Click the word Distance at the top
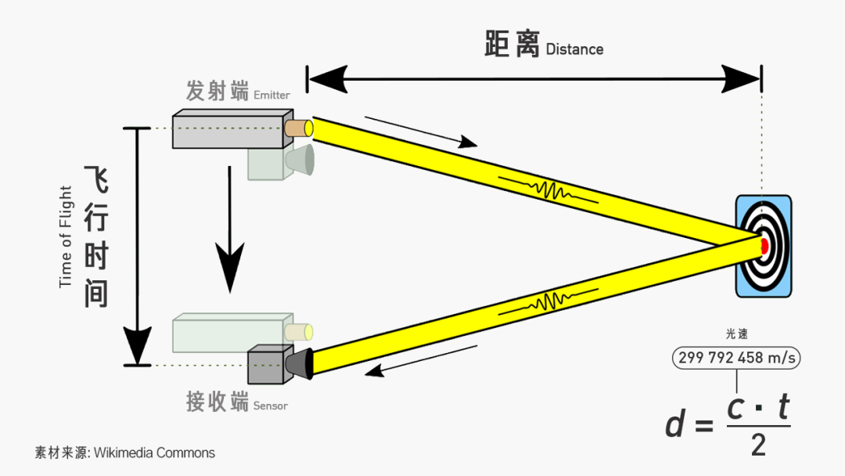click(x=574, y=49)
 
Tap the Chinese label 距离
click(x=512, y=45)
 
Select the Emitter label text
click(x=271, y=96)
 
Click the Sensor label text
click(x=270, y=406)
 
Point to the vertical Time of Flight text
click(x=66, y=236)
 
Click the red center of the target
click(x=764, y=246)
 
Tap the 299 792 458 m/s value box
click(x=736, y=359)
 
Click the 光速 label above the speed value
click(x=736, y=334)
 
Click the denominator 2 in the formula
click(x=758, y=445)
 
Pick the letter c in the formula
click(x=736, y=407)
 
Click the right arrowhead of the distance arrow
click(x=741, y=78)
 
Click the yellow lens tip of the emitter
click(x=309, y=127)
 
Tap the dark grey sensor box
click(x=265, y=366)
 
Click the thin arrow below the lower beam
click(x=422, y=359)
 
